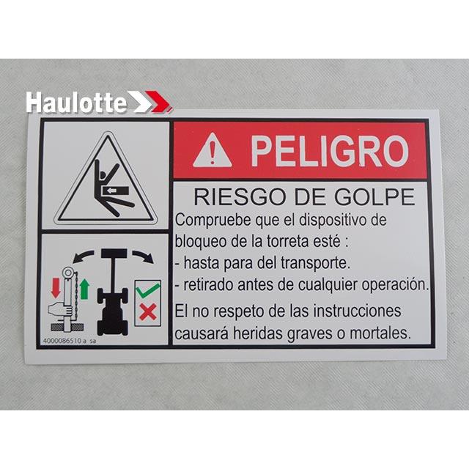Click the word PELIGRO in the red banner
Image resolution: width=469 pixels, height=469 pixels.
329,151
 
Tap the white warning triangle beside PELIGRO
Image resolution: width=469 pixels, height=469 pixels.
213,151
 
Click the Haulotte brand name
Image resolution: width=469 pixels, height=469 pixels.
76,103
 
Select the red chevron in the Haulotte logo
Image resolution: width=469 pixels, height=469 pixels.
158,101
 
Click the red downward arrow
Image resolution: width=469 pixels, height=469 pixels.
55,287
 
